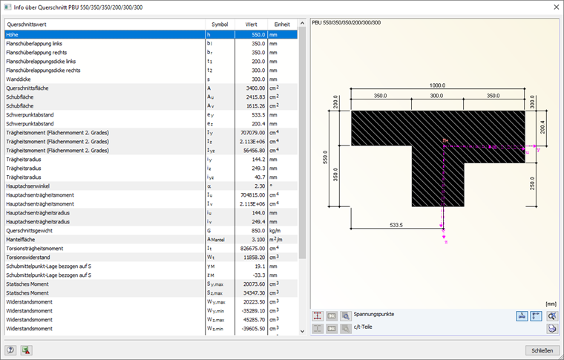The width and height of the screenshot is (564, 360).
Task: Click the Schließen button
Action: (x=538, y=350)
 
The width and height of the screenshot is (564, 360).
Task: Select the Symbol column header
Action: (x=220, y=24)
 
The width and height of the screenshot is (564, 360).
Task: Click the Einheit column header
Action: (x=282, y=24)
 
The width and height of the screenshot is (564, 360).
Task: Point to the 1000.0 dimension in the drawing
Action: (x=437, y=85)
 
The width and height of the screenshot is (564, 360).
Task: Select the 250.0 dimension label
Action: (x=533, y=183)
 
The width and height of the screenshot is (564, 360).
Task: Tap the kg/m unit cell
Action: (x=276, y=231)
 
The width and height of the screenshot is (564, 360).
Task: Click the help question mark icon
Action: (x=10, y=350)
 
